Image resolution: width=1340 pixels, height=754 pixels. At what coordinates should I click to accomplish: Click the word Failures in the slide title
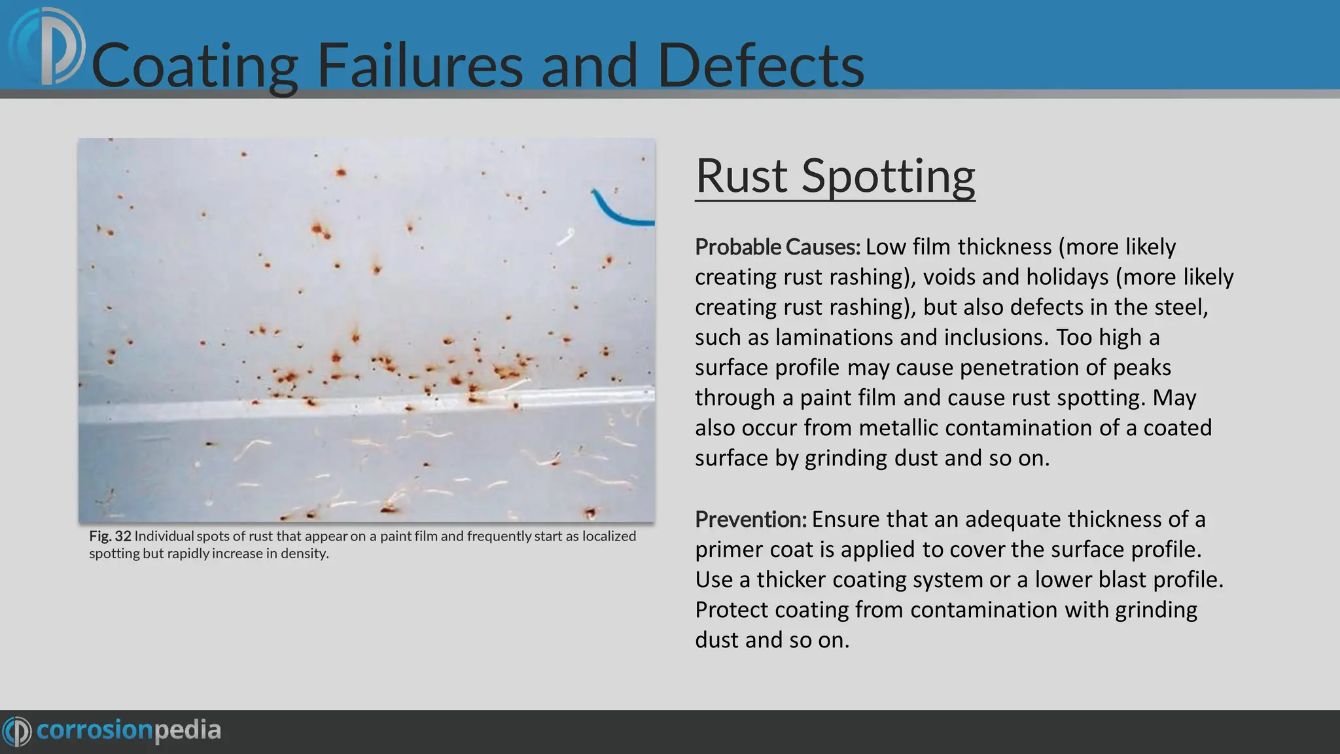point(419,65)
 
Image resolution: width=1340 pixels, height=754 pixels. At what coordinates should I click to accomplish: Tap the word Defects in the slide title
point(760,65)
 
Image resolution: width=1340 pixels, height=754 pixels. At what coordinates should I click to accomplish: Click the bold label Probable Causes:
point(777,247)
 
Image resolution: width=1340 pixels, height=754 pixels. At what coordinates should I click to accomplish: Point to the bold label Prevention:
point(750,519)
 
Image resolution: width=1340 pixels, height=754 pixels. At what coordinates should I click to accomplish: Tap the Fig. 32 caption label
point(110,536)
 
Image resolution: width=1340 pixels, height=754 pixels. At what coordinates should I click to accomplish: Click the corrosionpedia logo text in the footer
point(129,730)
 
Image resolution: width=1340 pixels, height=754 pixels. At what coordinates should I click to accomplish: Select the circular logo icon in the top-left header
point(47,47)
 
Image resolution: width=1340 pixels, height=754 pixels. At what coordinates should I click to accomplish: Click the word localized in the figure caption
point(608,536)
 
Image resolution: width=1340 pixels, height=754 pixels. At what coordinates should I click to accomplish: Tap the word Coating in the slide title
point(195,65)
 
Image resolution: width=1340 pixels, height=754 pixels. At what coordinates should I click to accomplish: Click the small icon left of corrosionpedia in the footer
point(16,730)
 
